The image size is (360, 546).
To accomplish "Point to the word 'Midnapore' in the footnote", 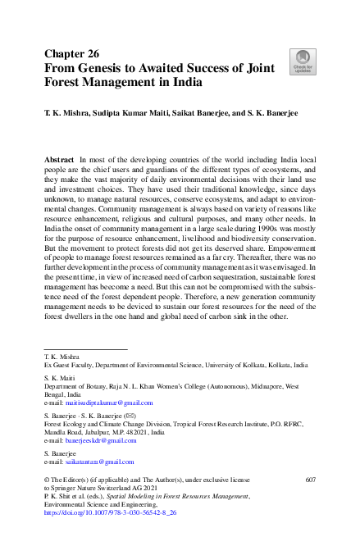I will pyautogui.click(x=259, y=388).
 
